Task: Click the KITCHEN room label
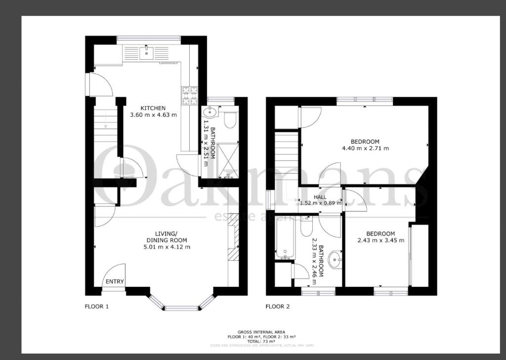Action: click(x=153, y=108)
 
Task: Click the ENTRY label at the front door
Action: click(x=115, y=281)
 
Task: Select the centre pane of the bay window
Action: click(x=181, y=308)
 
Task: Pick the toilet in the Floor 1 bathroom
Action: click(x=230, y=119)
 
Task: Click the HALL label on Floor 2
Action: click(x=320, y=197)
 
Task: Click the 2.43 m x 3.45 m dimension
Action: click(x=380, y=240)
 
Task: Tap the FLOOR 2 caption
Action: click(x=277, y=307)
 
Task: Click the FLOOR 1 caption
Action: click(x=96, y=307)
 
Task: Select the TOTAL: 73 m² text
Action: click(x=261, y=341)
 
